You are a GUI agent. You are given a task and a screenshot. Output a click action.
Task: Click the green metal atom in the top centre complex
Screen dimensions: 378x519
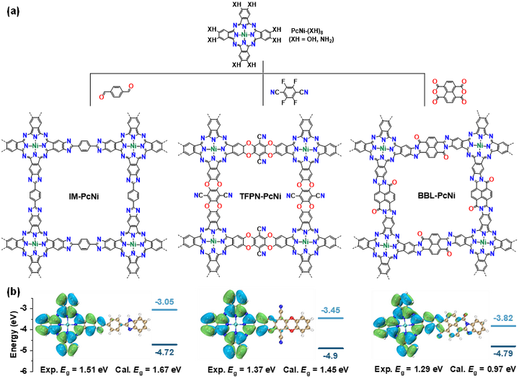coord(244,34)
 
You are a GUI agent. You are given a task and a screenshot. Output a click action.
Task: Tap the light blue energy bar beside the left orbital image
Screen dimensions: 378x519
coord(165,309)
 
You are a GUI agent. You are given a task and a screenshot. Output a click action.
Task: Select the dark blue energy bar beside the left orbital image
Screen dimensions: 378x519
coord(166,345)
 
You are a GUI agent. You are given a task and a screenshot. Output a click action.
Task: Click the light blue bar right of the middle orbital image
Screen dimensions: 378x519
coord(331,317)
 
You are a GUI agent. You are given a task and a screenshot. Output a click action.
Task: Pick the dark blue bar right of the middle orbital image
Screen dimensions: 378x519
coord(331,348)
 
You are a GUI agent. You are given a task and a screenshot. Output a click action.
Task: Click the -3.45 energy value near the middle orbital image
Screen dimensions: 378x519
coord(331,309)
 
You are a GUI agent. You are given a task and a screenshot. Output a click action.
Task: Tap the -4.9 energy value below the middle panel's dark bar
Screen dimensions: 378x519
coord(331,356)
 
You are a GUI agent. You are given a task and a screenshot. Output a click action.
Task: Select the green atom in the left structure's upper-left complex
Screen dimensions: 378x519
coord(35,145)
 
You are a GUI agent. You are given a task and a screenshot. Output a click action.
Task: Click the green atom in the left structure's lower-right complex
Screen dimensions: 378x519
coord(133,245)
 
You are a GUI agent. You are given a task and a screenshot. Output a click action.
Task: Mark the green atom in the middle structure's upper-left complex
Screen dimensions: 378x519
coord(213,148)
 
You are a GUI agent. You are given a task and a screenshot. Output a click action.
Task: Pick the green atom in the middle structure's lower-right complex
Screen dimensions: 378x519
coord(305,241)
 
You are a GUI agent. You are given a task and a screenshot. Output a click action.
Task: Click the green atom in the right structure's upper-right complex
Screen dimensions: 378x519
coord(479,144)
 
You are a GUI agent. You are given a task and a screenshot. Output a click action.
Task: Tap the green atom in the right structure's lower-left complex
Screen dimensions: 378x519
coord(386,245)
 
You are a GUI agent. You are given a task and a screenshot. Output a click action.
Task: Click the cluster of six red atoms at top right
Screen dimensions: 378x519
coord(449,92)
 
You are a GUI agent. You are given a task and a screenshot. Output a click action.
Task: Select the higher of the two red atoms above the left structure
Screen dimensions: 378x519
coord(131,85)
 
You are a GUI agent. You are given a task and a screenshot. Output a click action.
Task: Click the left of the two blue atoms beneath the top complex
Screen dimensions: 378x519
coord(272,92)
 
